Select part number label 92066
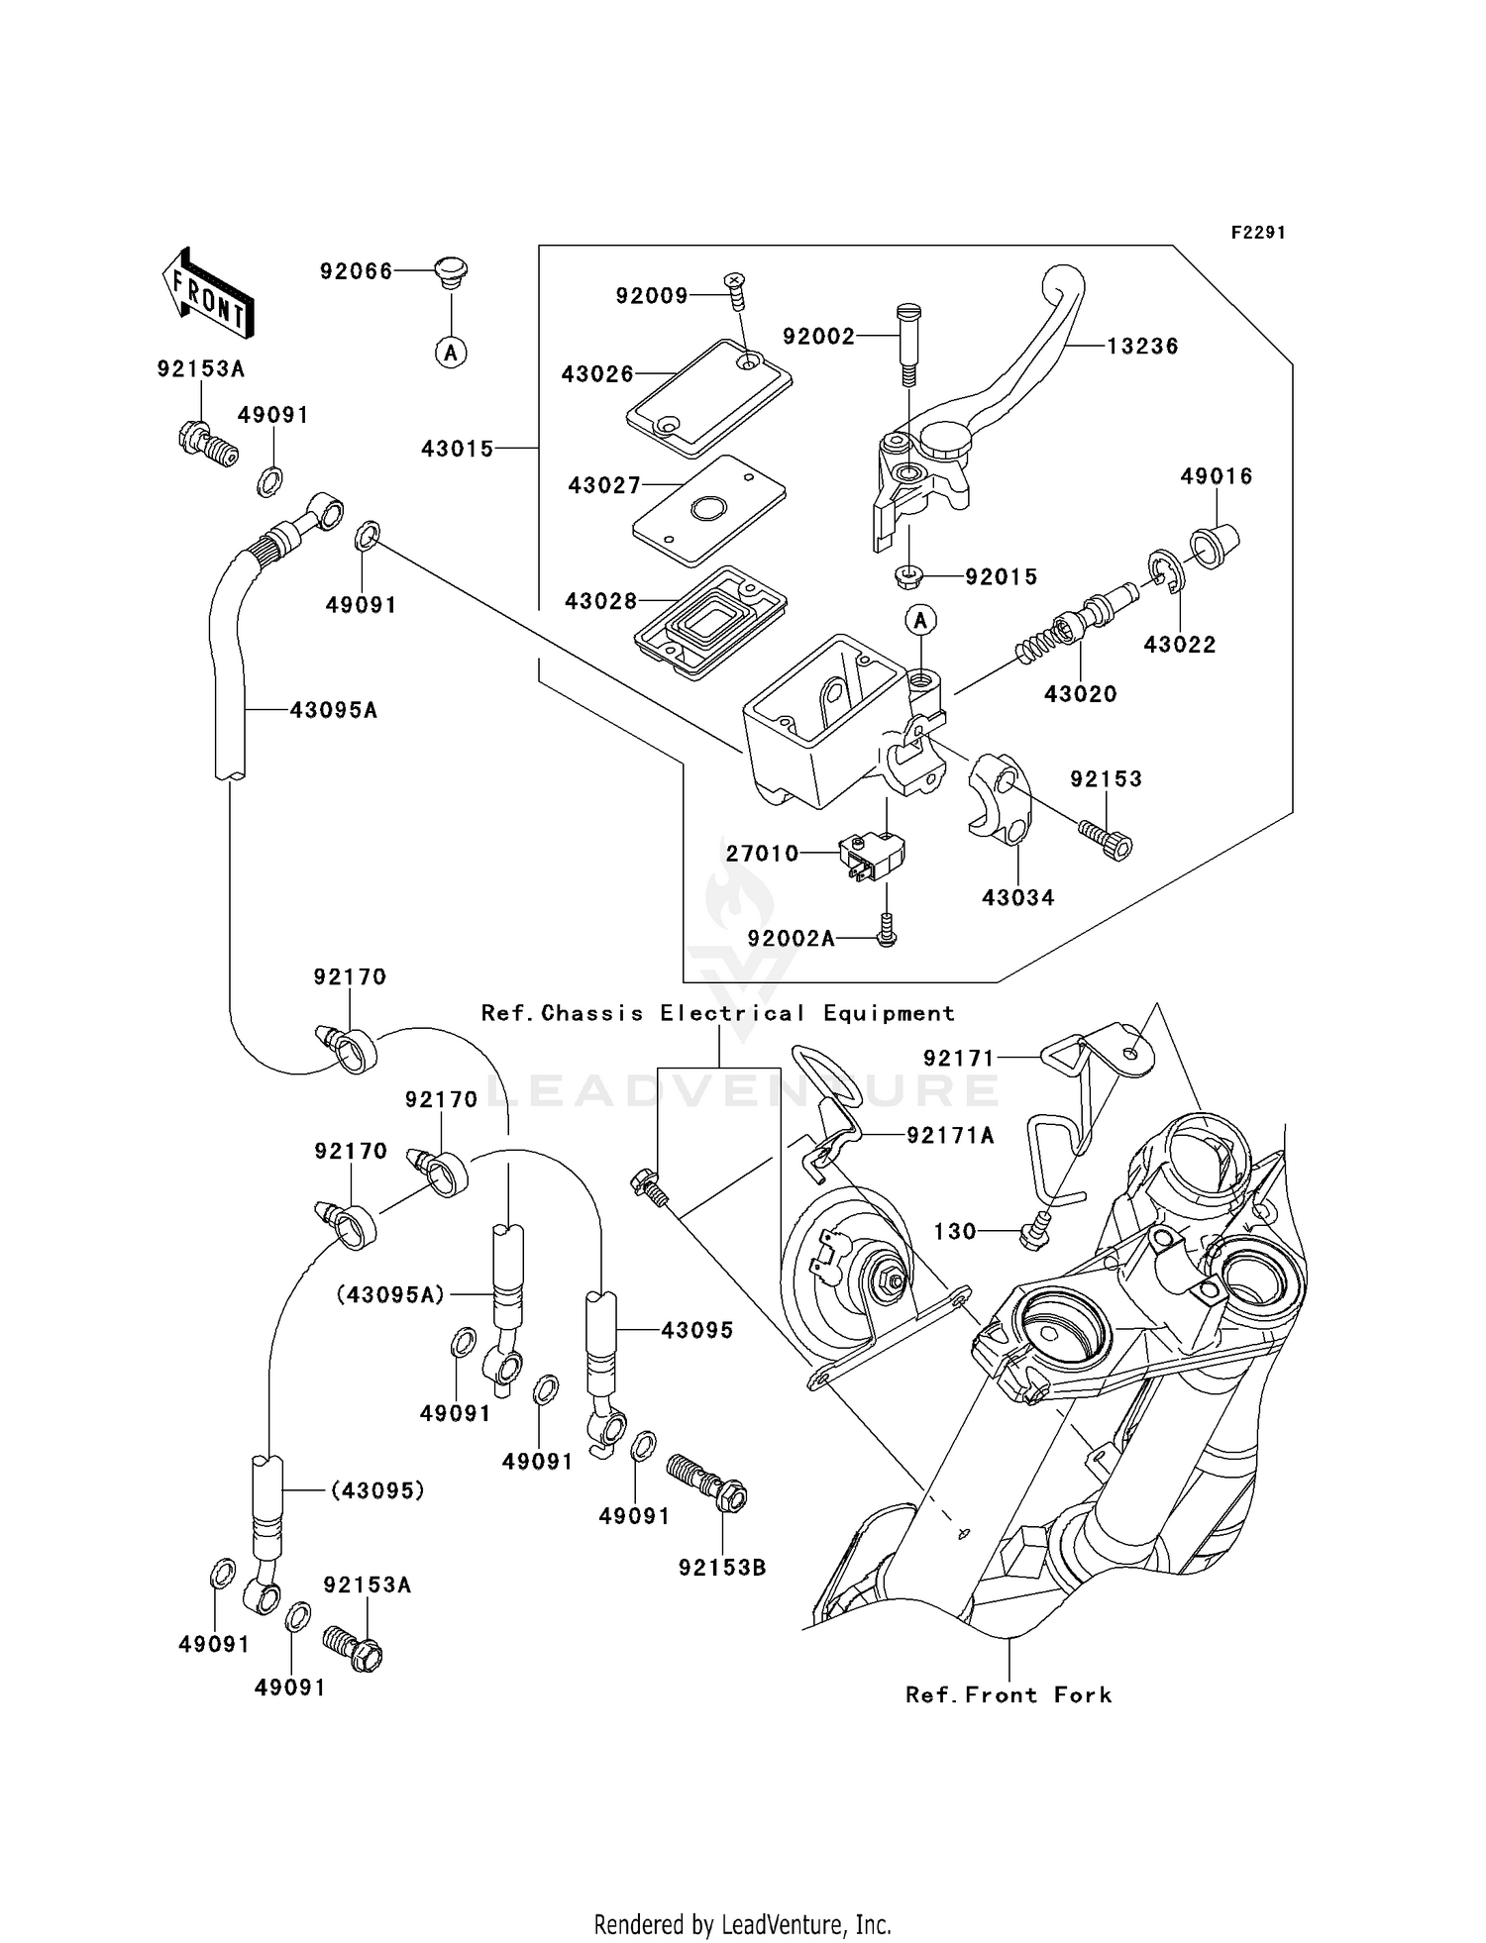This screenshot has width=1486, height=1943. [x=356, y=271]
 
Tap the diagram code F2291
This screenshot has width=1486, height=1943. [x=1258, y=233]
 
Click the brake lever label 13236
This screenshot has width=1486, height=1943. [x=1142, y=347]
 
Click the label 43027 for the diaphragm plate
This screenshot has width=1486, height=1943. [x=604, y=486]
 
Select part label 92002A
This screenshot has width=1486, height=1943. [x=792, y=938]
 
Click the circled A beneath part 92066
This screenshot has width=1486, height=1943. [x=452, y=352]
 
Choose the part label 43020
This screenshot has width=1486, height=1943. [x=1080, y=694]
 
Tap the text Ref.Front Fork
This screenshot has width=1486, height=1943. [x=1008, y=1694]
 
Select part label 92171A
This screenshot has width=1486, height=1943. [x=950, y=1136]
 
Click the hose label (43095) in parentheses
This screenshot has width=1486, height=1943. [x=377, y=1489]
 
